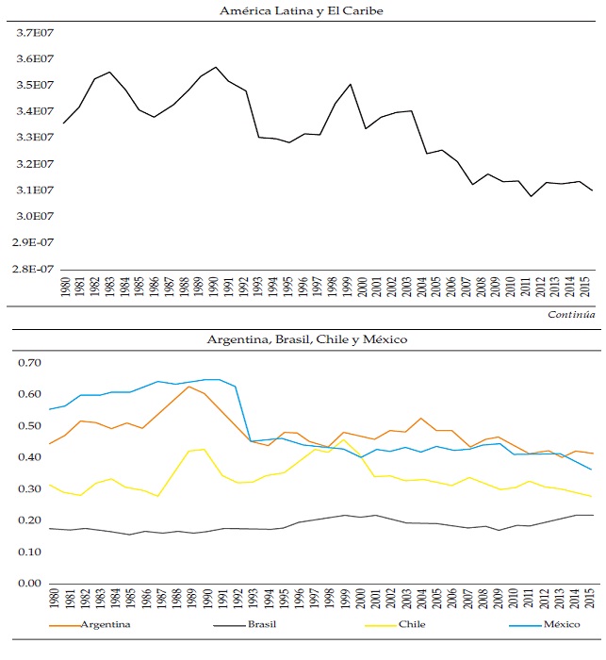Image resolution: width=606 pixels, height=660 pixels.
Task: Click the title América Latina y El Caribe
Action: point(302,11)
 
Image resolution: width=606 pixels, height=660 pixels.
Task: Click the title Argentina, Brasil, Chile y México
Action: point(302,338)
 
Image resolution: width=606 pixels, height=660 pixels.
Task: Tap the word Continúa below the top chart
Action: point(571,314)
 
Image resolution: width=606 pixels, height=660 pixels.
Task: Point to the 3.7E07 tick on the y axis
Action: point(34,33)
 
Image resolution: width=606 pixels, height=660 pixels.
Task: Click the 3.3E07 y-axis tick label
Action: point(34,138)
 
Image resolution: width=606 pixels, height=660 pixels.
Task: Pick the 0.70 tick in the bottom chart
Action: point(31,363)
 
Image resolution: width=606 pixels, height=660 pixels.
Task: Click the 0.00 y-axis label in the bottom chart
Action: point(31,584)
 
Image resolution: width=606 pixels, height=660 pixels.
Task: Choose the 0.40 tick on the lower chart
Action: point(31,457)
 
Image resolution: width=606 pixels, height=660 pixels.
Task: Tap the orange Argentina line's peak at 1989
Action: point(190,387)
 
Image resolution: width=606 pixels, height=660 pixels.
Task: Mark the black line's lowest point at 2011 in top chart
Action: point(532,196)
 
